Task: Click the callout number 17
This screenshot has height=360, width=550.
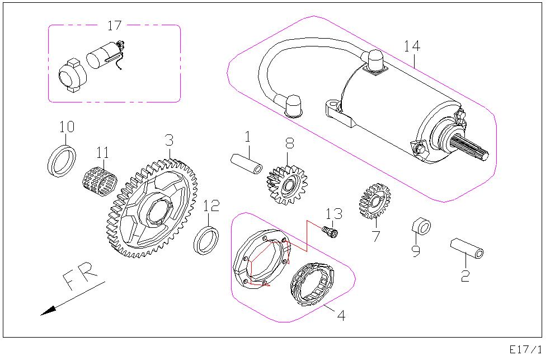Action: coord(114,25)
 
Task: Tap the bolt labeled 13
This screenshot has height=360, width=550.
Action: coord(331,231)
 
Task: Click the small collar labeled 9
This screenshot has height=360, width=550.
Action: coord(421,226)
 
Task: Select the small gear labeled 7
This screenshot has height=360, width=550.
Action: coord(373,200)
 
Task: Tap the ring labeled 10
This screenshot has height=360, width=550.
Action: coord(61,161)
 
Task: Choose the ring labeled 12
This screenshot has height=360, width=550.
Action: coord(206,240)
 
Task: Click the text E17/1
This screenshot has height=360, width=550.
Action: coord(525,349)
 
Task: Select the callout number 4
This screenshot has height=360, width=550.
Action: coord(341,316)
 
